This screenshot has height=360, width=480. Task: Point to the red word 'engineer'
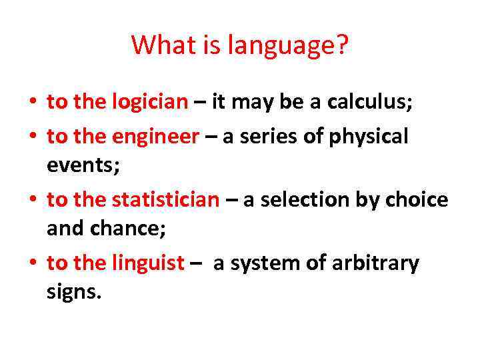pyautogui.click(x=155, y=137)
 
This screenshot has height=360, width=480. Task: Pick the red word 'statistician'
pyautogui.click(x=165, y=199)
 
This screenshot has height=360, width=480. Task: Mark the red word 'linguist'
pyautogui.click(x=147, y=263)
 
